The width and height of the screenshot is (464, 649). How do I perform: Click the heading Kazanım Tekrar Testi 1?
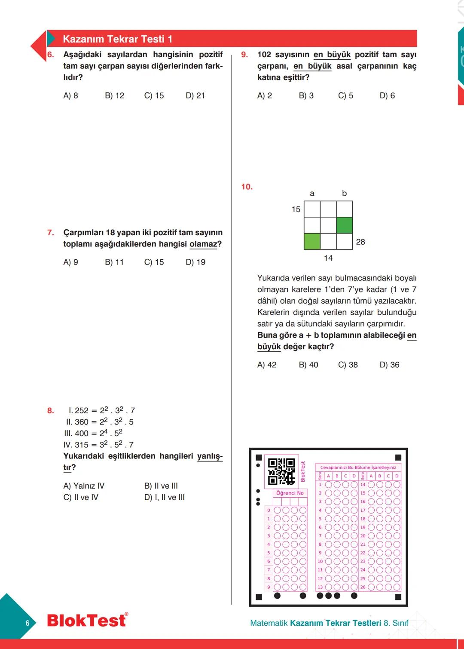pyautogui.click(x=117, y=39)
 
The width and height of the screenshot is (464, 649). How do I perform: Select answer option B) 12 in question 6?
pyautogui.click(x=114, y=95)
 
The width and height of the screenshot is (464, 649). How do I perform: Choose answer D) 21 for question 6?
pyautogui.click(x=195, y=95)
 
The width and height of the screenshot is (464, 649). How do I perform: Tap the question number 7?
pyautogui.click(x=51, y=233)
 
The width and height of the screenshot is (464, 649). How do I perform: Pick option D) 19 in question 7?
pyautogui.click(x=195, y=262)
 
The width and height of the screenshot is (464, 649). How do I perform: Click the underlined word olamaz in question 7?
pyautogui.click(x=203, y=244)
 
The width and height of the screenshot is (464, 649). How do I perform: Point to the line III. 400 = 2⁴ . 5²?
pyautogui.click(x=93, y=433)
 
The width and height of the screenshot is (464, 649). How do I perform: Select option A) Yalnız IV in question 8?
pyautogui.click(x=84, y=486)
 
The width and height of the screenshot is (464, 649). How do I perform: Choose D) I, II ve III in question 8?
pyautogui.click(x=165, y=497)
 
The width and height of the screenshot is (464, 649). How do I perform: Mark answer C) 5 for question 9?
pyautogui.click(x=345, y=95)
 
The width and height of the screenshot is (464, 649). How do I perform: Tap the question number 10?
pyautogui.click(x=247, y=187)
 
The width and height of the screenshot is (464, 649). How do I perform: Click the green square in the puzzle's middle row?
pyautogui.click(x=345, y=225)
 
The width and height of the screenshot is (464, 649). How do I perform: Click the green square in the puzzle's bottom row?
pyautogui.click(x=312, y=241)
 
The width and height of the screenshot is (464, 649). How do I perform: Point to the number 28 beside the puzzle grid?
pyautogui.click(x=360, y=242)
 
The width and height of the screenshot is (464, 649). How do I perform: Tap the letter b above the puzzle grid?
pyautogui.click(x=344, y=194)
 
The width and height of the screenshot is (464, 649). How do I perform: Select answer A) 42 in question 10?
pyautogui.click(x=267, y=365)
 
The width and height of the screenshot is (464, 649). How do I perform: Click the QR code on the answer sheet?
pyautogui.click(x=281, y=471)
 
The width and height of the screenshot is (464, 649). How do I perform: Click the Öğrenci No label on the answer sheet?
pyautogui.click(x=290, y=493)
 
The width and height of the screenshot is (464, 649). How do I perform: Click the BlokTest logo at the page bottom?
pyautogui.click(x=87, y=620)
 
